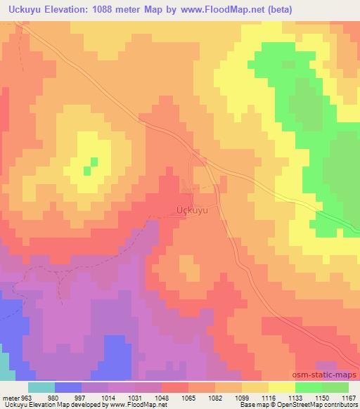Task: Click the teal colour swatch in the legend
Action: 41,387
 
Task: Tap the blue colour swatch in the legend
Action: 68,387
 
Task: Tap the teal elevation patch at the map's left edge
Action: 5,362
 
